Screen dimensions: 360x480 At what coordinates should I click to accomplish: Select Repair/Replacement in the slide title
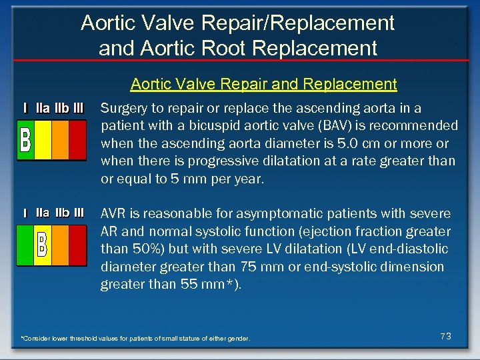(305, 23)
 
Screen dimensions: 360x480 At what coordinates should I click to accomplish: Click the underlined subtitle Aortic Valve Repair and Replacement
(263, 85)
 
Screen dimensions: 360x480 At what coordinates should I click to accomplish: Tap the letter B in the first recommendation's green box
(25, 139)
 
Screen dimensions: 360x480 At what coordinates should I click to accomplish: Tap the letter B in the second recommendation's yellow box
(42, 245)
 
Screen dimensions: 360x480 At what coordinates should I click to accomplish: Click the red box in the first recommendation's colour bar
(77, 139)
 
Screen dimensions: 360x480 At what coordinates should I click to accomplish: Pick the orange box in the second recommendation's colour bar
(60, 245)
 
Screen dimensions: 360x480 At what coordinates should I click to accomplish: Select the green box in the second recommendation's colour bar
(25, 245)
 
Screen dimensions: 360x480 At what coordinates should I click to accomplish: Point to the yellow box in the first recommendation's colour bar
(43, 139)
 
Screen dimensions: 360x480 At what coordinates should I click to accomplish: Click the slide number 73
(446, 337)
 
